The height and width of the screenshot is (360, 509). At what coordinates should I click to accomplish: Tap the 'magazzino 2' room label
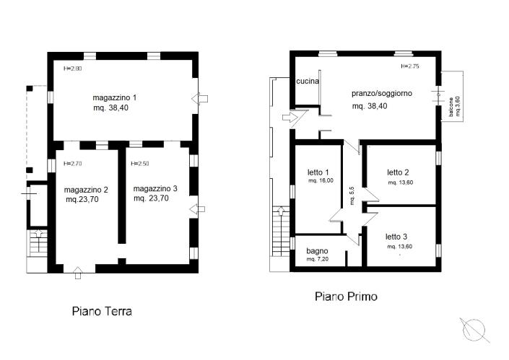(85, 190)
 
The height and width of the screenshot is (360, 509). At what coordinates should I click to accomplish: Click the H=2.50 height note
(141, 164)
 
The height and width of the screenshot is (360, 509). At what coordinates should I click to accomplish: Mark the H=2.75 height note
(410, 66)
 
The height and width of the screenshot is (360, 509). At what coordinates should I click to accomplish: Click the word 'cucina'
(308, 82)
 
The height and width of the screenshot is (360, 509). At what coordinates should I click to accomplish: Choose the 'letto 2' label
(398, 172)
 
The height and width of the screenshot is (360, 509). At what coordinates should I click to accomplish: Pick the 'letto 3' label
(396, 237)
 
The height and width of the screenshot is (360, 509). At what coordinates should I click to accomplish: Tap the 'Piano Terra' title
(101, 312)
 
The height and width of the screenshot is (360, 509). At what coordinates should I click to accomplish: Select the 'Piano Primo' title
(345, 296)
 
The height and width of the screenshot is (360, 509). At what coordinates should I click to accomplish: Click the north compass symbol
(475, 329)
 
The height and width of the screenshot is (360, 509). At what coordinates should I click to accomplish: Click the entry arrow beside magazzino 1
(201, 98)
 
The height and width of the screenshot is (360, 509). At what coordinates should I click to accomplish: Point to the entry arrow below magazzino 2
(78, 272)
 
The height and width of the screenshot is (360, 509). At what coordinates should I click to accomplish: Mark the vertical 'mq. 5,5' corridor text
(352, 195)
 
